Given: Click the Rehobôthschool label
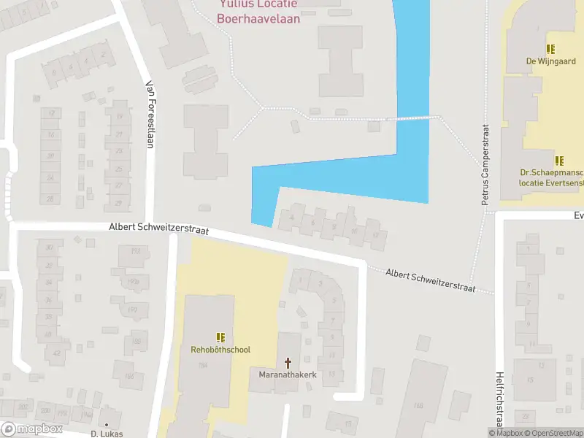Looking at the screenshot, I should pos(220,350).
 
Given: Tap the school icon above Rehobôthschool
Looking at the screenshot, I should pos(220,337).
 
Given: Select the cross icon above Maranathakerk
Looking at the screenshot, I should pos(288,362).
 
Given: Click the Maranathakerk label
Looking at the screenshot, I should pos(288,375).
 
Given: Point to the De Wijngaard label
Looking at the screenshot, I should pos(551,62).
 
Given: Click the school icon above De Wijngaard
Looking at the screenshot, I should pos(551,49).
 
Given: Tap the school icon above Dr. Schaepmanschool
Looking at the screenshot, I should pos(559,160).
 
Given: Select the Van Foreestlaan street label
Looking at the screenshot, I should pos(150,114).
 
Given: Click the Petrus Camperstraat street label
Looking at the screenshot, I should pos(485,164).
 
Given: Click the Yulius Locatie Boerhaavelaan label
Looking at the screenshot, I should pos(258,12).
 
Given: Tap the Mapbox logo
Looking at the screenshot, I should pos(31,429).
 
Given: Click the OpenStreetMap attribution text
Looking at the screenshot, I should pos(556,433).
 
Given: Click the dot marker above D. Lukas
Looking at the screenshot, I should pos(107,424).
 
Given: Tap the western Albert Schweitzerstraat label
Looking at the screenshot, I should pos(158,229).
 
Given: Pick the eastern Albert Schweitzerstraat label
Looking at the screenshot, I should pos(431,280).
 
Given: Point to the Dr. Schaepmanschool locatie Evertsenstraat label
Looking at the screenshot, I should pos(551,178).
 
